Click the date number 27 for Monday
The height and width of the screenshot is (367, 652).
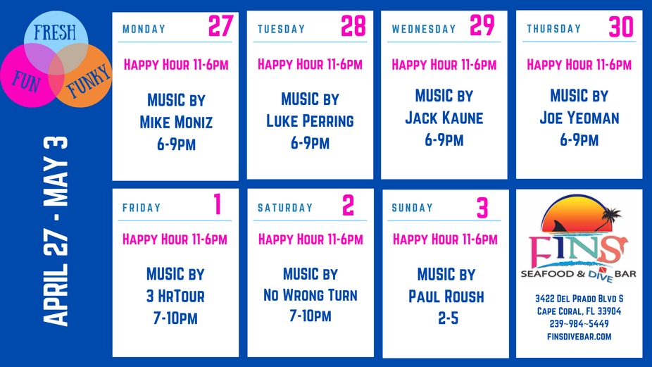point(220,26)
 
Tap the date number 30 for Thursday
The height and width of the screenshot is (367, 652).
point(622,27)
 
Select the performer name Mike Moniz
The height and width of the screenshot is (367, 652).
point(176,123)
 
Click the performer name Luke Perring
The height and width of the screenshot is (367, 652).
point(310,120)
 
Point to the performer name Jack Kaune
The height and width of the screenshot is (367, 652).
point(444,118)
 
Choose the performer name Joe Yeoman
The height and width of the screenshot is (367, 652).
point(579,118)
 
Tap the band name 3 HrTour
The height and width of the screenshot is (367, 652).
point(175,296)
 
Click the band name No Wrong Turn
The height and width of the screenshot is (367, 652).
point(310,294)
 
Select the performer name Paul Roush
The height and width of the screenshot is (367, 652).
point(446,296)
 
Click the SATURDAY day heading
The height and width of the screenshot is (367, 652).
point(285,208)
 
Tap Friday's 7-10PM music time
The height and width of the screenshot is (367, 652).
point(175,318)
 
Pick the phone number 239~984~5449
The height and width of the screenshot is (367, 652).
point(579,323)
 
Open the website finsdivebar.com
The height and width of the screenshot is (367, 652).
point(579,336)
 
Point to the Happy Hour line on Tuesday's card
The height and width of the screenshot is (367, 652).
point(310,65)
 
